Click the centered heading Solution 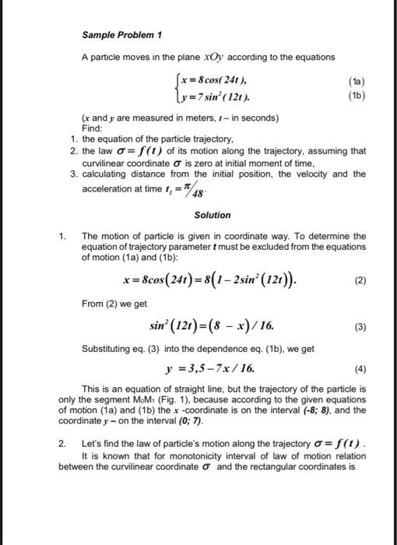pos(213,212)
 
